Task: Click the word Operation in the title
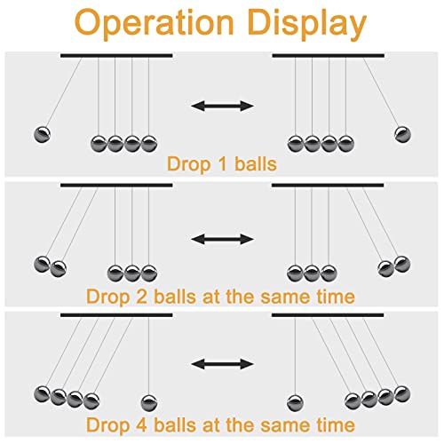(155, 24)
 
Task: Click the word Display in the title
(307, 24)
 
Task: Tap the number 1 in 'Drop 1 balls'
(223, 164)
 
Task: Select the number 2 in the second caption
(142, 297)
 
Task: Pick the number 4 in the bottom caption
(142, 425)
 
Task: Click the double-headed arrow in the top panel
(222, 106)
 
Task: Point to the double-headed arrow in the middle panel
(222, 239)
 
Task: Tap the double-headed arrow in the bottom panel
(222, 364)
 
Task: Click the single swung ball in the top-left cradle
(43, 135)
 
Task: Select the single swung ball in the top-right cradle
(402, 135)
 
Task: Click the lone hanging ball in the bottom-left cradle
(149, 403)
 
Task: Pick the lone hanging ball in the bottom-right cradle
(295, 403)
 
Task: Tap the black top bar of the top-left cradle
(116, 55)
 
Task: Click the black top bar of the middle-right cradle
(328, 186)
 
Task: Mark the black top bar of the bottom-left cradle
(116, 315)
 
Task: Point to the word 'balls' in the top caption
(256, 164)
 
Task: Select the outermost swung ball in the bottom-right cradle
(402, 394)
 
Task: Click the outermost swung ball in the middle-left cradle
(43, 265)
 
